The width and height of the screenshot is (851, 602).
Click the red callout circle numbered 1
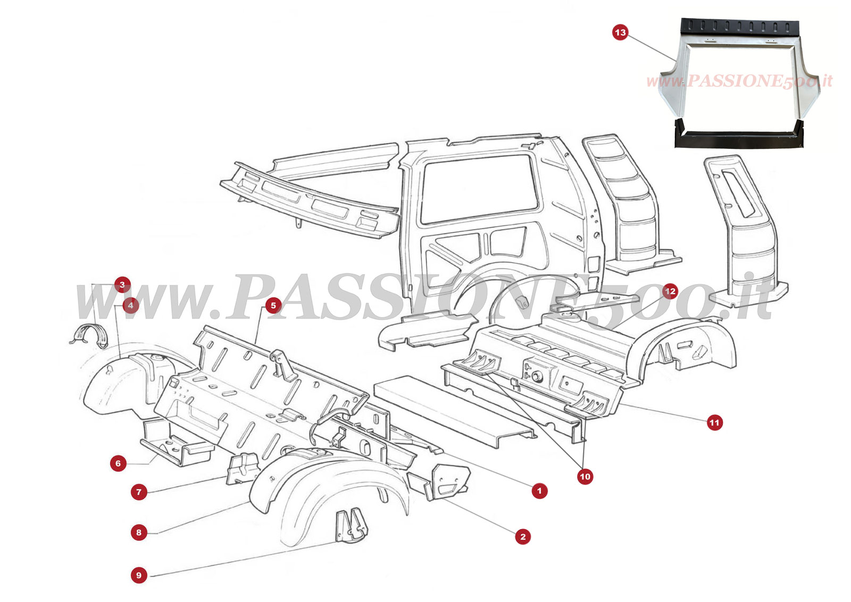(539, 491)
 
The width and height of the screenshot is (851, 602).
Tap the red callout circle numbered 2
(523, 537)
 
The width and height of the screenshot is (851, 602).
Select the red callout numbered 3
(122, 285)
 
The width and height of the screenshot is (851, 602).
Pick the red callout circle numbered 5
(273, 305)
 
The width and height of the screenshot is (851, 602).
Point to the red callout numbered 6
(118, 463)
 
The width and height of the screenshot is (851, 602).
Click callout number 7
(139, 492)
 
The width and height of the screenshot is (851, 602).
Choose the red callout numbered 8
(139, 532)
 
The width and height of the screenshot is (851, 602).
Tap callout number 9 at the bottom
(139, 575)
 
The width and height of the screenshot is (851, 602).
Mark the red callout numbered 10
(585, 476)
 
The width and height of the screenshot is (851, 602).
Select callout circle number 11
(714, 423)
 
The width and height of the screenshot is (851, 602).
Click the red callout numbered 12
(670, 291)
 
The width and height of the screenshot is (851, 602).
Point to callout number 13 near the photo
(620, 32)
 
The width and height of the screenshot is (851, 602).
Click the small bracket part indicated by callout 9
(351, 526)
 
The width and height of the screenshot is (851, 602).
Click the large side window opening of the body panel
(479, 189)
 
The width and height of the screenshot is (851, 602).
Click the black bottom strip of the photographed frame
(739, 139)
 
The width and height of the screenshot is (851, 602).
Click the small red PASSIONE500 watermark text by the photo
(739, 81)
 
